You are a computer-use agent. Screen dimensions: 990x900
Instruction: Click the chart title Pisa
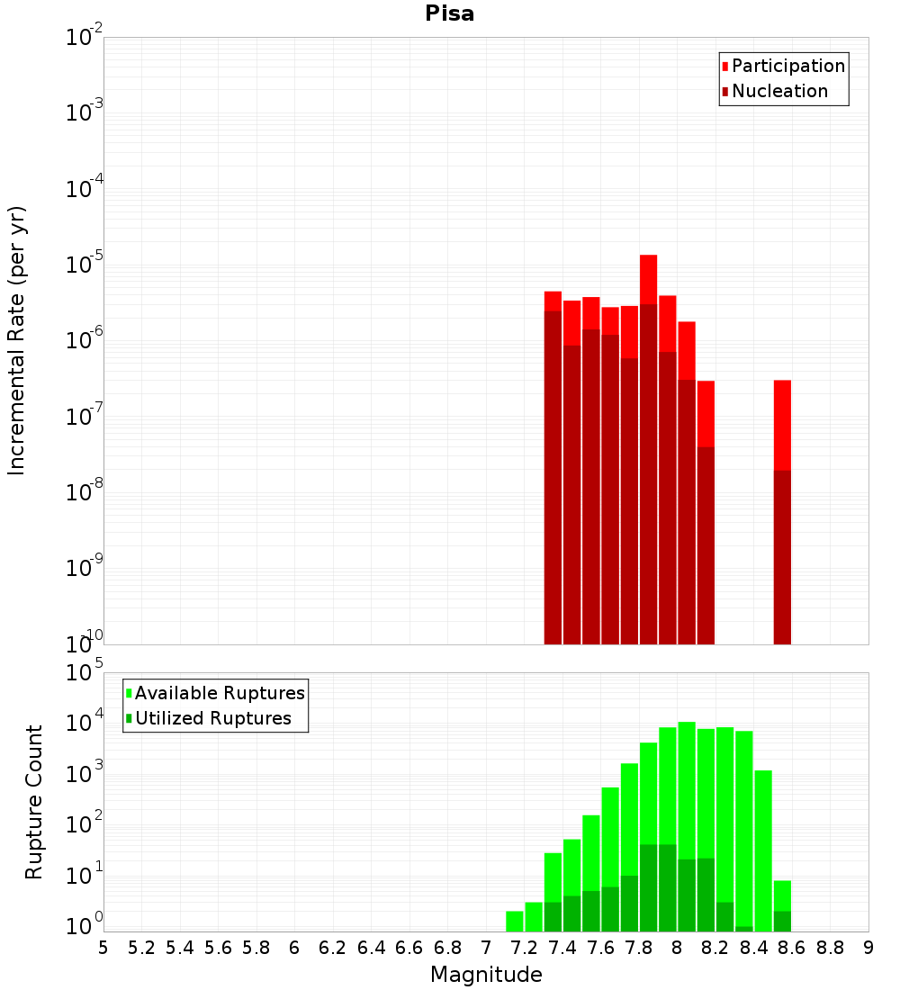pos(450,14)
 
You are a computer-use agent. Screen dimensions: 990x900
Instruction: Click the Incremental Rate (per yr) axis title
pos(17,340)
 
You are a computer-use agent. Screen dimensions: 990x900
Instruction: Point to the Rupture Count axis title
pos(34,802)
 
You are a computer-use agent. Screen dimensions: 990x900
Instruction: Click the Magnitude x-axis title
pos(486,975)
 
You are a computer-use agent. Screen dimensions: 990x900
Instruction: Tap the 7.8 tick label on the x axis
pos(639,947)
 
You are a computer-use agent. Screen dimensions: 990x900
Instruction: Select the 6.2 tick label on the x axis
pos(333,947)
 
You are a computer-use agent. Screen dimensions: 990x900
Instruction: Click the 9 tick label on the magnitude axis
pos(868,947)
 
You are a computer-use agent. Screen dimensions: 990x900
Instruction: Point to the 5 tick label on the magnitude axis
pos(103,947)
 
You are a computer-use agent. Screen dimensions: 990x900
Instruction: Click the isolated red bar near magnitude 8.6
pos(782,423)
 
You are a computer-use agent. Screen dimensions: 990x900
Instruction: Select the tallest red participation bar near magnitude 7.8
pos(648,279)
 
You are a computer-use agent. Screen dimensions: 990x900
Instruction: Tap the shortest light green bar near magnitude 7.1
pos(515,922)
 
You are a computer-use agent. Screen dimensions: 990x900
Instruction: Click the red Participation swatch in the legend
pos(724,67)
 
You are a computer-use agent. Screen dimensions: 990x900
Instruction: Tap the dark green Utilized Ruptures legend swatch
pos(129,719)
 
